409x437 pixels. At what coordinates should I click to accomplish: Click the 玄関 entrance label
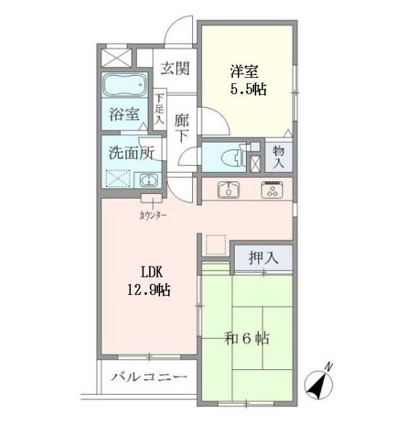click(x=175, y=68)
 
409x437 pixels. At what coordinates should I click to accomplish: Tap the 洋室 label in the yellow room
click(x=245, y=71)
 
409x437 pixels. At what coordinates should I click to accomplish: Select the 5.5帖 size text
click(x=248, y=89)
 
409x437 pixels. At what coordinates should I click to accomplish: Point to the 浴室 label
click(x=124, y=114)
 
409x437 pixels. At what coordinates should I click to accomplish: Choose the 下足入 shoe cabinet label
click(x=159, y=109)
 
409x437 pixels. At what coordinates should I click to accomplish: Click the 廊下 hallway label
click(x=182, y=129)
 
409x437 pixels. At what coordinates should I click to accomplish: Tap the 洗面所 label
click(x=131, y=153)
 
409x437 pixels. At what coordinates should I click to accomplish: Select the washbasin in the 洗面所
click(x=148, y=180)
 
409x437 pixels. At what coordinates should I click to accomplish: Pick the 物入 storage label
click(x=279, y=157)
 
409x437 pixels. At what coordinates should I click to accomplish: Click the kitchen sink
click(x=229, y=190)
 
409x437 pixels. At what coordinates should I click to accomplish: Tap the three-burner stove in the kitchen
click(x=272, y=190)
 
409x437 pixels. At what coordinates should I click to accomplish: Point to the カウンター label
click(x=153, y=215)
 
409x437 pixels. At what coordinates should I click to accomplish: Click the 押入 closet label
click(x=263, y=258)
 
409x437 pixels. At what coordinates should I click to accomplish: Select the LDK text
click(x=152, y=272)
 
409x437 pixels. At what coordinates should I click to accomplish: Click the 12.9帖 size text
click(x=149, y=290)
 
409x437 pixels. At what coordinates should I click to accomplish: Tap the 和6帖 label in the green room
click(x=247, y=339)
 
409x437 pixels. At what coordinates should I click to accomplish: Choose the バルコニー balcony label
click(x=148, y=377)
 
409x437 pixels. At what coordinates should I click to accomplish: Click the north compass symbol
click(x=319, y=384)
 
